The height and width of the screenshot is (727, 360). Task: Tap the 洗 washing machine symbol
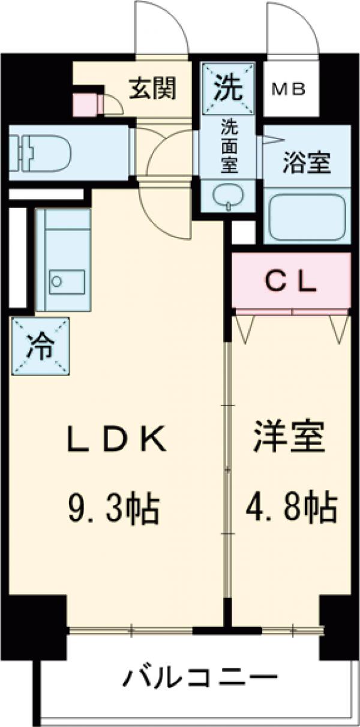pyautogui.click(x=229, y=88)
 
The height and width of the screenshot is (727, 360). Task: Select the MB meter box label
pyautogui.click(x=290, y=89)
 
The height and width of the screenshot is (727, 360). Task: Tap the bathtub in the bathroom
pyautogui.click(x=307, y=217)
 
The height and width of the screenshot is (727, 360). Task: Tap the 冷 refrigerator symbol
pyautogui.click(x=40, y=347)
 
